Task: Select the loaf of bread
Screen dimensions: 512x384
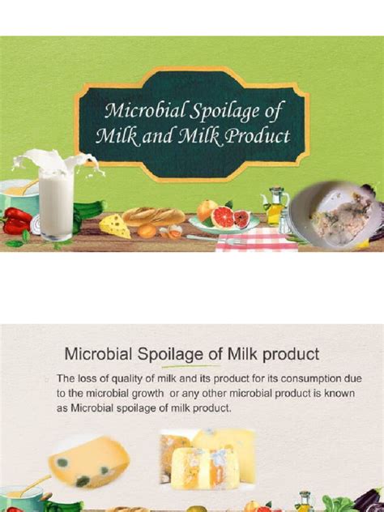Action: (x=155, y=216)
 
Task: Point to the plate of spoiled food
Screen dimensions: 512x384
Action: (x=327, y=213)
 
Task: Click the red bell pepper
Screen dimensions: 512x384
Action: (x=18, y=220)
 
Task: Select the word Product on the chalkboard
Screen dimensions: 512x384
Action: (x=258, y=135)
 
